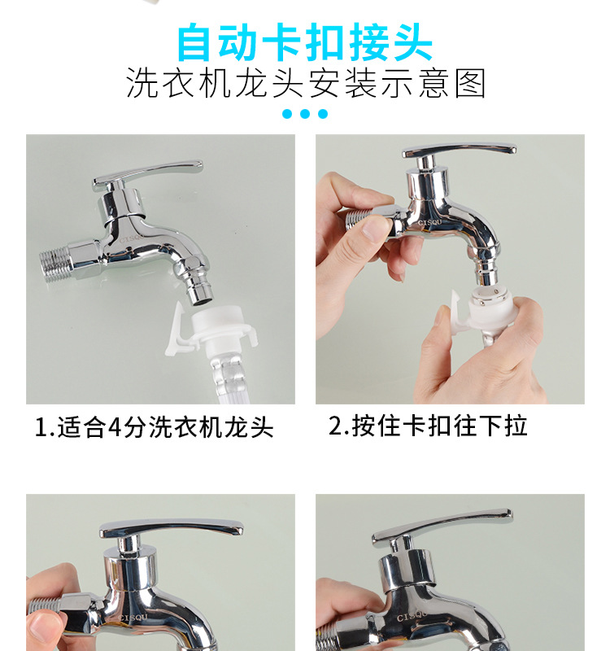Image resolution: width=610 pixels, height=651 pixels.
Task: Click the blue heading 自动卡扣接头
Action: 305,43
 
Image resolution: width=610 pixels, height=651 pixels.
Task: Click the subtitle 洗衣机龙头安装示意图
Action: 306,84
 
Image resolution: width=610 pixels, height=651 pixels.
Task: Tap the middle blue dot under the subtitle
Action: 305,114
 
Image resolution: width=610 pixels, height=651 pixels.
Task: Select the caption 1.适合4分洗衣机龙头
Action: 154,427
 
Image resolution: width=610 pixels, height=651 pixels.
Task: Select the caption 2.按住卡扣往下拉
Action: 428,426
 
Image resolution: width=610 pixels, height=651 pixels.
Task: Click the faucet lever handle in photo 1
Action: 147,174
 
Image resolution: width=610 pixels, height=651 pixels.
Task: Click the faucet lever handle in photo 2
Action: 459,151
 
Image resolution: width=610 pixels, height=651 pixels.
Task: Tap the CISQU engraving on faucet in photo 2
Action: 430,223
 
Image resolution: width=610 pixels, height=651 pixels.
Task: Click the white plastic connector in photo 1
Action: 211,329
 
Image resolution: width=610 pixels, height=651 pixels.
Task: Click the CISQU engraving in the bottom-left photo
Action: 133,618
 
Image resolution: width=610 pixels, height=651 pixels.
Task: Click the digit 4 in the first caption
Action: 115,428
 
